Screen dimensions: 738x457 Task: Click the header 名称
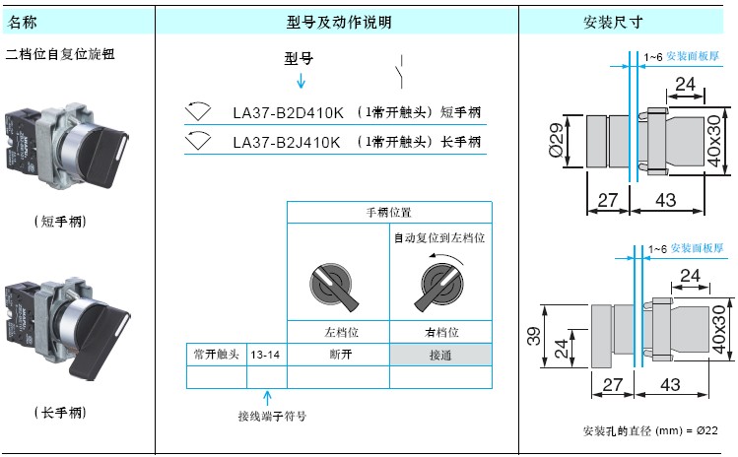click(22, 22)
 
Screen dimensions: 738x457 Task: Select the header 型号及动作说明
click(339, 22)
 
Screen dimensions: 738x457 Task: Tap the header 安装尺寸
click(613, 22)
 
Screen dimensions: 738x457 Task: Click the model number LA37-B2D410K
click(288, 112)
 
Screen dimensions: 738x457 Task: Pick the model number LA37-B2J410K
click(286, 142)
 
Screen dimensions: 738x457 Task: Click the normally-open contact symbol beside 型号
click(400, 72)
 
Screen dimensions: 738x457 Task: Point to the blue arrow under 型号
click(301, 81)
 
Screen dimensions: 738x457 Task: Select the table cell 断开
click(340, 354)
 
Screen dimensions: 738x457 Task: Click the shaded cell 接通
click(440, 355)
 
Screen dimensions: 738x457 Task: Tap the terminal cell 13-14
click(265, 355)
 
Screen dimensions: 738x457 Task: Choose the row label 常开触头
click(217, 354)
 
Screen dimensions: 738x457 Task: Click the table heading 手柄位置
click(389, 213)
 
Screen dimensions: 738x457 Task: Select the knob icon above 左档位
click(333, 287)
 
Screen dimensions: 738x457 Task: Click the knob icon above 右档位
click(440, 286)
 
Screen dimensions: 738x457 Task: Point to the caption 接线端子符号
click(272, 416)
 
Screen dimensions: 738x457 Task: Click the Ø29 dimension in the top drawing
click(556, 140)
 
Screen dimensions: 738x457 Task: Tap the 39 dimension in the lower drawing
click(534, 336)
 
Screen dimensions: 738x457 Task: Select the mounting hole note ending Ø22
click(650, 430)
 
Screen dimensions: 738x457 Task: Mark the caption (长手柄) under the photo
click(60, 413)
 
